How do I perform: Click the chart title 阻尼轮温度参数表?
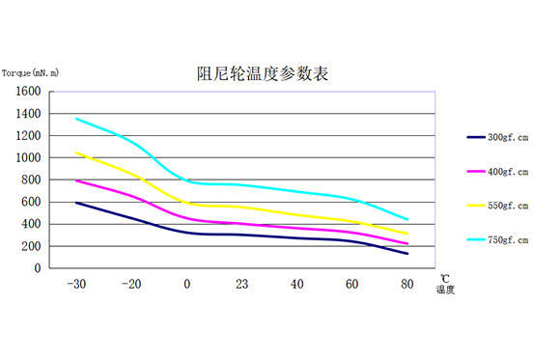[x=262, y=74]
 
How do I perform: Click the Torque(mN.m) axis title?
[x=31, y=73]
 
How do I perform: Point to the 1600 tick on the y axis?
[x=29, y=92]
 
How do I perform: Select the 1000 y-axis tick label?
[x=29, y=158]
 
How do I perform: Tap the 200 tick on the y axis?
[x=32, y=246]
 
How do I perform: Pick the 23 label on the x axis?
[x=241, y=284]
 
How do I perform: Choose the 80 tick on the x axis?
[x=407, y=284]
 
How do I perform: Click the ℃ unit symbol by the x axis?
[x=444, y=277]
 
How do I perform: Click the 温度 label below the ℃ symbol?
[x=444, y=289]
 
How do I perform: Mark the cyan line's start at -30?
[x=76, y=119]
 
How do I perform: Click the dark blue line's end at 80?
[x=407, y=254]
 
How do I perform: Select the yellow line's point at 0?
[x=187, y=203]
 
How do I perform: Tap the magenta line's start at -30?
[x=76, y=180]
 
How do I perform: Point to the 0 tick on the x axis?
[x=187, y=284]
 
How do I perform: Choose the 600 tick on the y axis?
[x=32, y=203]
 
